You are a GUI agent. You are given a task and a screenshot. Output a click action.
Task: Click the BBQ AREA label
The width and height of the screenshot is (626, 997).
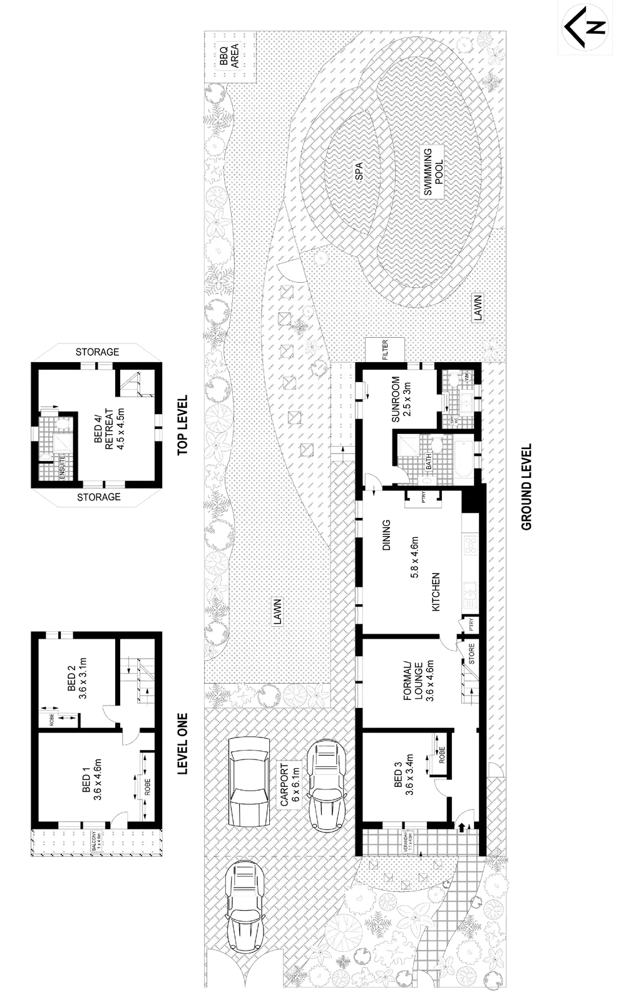[x=228, y=55]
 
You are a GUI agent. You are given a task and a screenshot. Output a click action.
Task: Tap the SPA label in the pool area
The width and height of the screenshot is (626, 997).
[x=359, y=171]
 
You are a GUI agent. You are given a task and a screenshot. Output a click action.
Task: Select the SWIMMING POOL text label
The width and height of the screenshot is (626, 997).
[x=433, y=173]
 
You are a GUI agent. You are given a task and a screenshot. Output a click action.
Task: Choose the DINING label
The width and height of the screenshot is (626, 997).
[x=386, y=535]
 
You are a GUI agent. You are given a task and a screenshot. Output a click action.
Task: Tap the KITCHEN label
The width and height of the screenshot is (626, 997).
[x=436, y=591]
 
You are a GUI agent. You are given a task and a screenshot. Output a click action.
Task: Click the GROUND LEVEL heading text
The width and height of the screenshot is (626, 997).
[x=526, y=485]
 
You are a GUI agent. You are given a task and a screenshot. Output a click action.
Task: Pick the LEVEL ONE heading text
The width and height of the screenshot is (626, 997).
[x=183, y=743]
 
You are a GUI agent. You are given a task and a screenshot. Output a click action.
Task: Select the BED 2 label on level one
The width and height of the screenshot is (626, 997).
[x=76, y=677]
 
